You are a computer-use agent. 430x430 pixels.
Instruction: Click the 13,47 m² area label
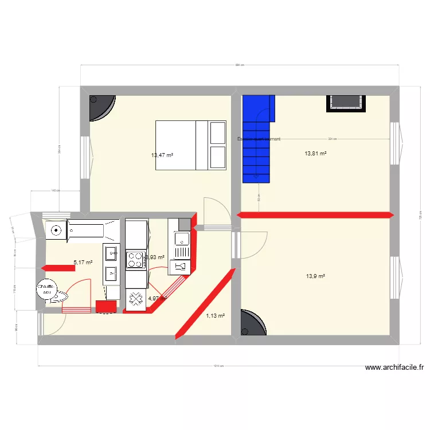[162, 155]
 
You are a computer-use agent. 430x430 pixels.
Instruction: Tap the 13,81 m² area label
[315, 154]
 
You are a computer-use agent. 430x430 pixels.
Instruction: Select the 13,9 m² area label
[316, 276]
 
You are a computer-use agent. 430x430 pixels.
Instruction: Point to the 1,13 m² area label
[215, 315]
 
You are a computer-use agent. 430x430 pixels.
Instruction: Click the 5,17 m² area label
[83, 263]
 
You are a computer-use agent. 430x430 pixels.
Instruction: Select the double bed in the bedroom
[191, 145]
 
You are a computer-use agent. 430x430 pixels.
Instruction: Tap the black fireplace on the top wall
[346, 102]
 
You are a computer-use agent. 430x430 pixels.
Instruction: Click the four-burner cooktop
[136, 260]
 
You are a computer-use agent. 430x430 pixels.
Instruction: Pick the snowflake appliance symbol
[136, 298]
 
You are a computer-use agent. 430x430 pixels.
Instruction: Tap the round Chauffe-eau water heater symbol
[46, 290]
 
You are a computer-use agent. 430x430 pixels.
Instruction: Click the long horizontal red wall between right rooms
[315, 215]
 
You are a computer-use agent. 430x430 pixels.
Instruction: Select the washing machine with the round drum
[56, 230]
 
